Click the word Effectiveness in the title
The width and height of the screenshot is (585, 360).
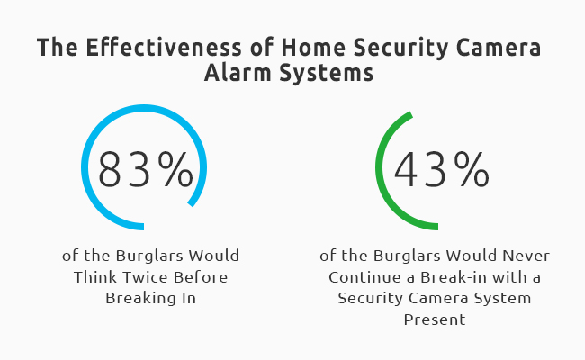pyautogui.click(x=164, y=48)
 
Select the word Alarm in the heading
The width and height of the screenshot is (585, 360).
pyautogui.click(x=238, y=72)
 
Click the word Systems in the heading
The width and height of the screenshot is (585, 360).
pyautogui.click(x=327, y=73)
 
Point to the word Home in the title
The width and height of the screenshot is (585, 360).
pyautogui.click(x=313, y=48)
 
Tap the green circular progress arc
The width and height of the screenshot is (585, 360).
pyautogui.click(x=378, y=168)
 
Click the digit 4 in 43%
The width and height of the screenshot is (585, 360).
pyautogui.click(x=406, y=169)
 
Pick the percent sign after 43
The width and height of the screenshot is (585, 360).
pyautogui.click(x=472, y=169)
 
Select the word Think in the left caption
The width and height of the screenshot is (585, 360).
pyautogui.click(x=96, y=277)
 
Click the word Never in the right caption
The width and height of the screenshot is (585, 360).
pyautogui.click(x=526, y=256)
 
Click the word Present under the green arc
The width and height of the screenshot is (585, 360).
pyautogui.click(x=435, y=319)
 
